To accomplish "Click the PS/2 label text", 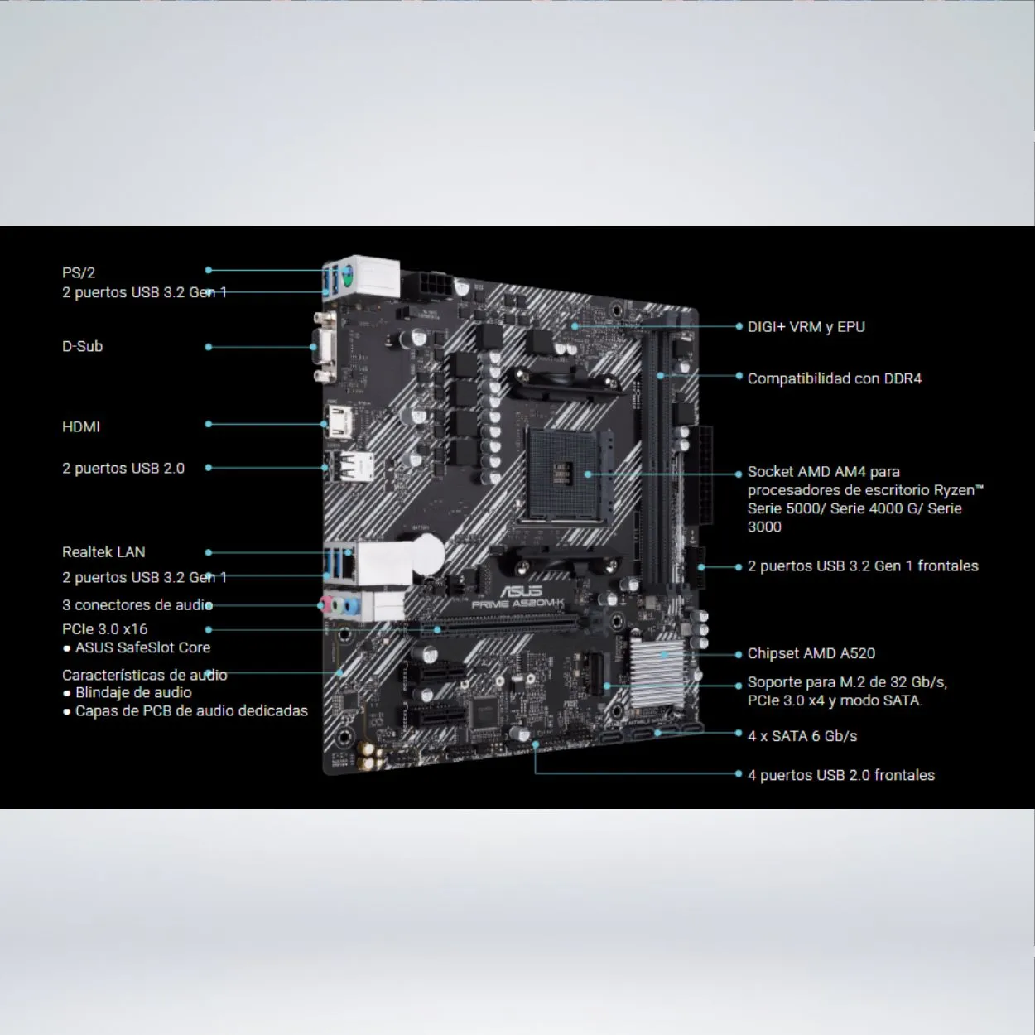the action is click(x=79, y=273).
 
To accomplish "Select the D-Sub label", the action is click(x=82, y=346).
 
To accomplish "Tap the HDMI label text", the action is click(x=80, y=427).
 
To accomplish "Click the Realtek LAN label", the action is click(x=103, y=552).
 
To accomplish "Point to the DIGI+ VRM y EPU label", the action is click(x=806, y=327).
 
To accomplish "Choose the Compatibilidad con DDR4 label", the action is click(x=834, y=378).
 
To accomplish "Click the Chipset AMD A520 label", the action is click(x=811, y=653).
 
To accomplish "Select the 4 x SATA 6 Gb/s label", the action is click(x=802, y=736).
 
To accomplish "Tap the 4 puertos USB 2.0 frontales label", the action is click(x=840, y=776).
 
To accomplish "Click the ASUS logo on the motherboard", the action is click(x=521, y=591).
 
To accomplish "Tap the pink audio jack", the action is click(x=325, y=604).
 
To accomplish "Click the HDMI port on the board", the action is click(x=340, y=421).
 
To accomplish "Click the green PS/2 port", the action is click(x=348, y=274).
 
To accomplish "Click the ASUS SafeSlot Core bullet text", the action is click(x=137, y=648).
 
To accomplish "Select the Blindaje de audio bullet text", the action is click(x=128, y=693).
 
